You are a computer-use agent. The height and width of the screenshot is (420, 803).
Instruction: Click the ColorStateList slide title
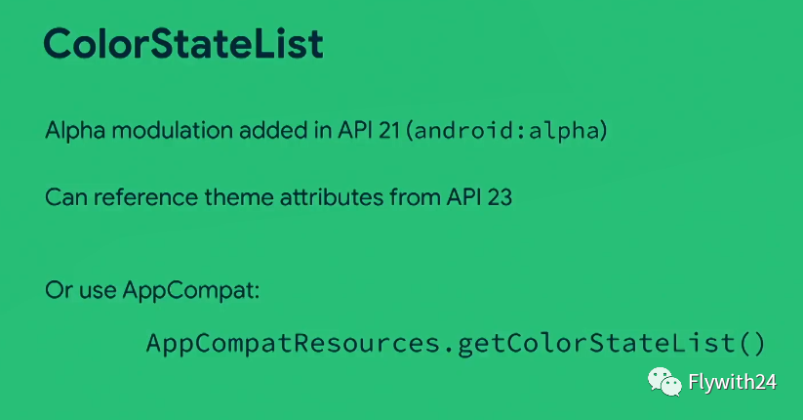pyautogui.click(x=183, y=44)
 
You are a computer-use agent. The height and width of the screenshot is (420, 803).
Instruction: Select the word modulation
pyautogui.click(x=173, y=130)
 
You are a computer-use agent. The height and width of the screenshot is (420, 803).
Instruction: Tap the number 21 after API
pyautogui.click(x=388, y=131)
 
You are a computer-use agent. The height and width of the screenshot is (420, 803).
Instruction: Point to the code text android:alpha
pyautogui.click(x=506, y=131)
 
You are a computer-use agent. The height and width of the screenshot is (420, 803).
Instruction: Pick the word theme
pyautogui.click(x=239, y=197)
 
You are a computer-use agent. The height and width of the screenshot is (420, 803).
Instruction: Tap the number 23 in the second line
pyautogui.click(x=500, y=197)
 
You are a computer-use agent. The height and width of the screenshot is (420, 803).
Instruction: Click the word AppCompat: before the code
pyautogui.click(x=191, y=291)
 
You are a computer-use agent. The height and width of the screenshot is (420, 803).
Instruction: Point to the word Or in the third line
pyautogui.click(x=59, y=290)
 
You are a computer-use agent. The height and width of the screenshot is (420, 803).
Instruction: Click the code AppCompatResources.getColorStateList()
pyautogui.click(x=456, y=343)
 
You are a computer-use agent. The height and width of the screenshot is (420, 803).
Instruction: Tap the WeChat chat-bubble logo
pyautogui.click(x=664, y=382)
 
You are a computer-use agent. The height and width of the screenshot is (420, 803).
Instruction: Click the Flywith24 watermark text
pyautogui.click(x=733, y=382)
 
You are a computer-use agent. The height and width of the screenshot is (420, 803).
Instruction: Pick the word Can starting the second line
pyautogui.click(x=66, y=197)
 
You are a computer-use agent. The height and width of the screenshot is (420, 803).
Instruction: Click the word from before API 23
pyautogui.click(x=415, y=197)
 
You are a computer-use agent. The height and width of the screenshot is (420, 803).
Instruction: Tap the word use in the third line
pyautogui.click(x=98, y=291)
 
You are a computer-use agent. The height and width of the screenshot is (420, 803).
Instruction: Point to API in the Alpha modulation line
pyautogui.click(x=355, y=131)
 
